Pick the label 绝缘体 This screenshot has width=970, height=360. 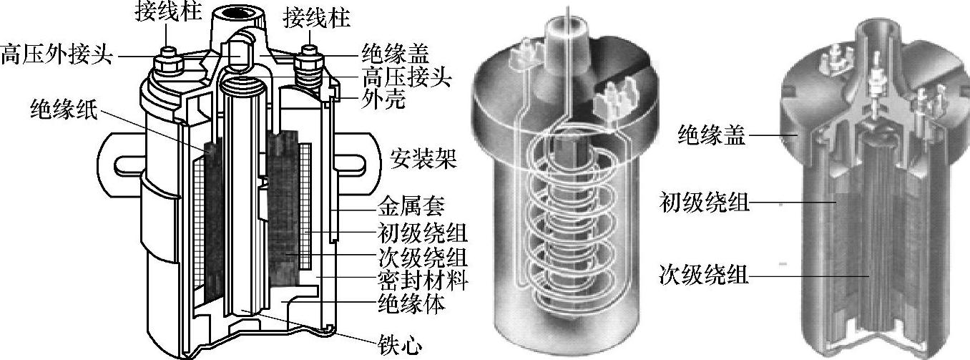411,304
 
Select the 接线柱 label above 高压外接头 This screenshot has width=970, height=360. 166,12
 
